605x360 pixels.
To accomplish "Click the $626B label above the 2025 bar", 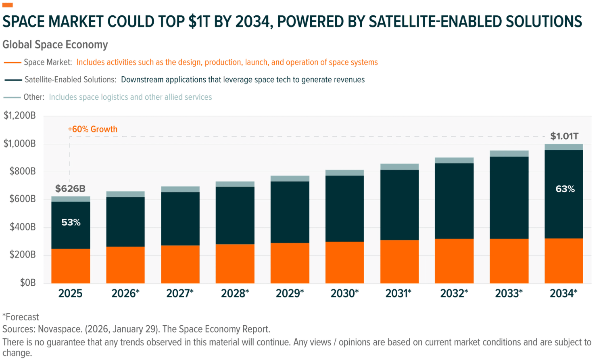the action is click(70, 188).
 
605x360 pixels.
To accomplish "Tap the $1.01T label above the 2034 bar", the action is click(564, 136).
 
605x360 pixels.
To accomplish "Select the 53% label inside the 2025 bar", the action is click(71, 222).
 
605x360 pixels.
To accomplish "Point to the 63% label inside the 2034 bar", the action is click(565, 188).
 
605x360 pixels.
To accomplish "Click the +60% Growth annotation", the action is click(93, 129).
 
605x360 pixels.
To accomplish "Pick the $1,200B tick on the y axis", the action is click(19, 115).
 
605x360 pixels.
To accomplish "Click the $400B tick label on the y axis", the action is click(23, 227).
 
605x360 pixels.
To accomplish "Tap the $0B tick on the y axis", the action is click(28, 283).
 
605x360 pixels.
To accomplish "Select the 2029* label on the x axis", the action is click(290, 293).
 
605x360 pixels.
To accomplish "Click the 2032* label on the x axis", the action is click(454, 293).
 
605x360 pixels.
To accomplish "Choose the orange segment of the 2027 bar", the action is click(180, 264).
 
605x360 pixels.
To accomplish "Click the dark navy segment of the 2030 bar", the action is click(344, 209).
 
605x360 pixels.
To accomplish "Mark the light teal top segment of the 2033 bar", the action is click(509, 153).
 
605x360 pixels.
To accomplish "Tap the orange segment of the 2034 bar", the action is click(564, 261).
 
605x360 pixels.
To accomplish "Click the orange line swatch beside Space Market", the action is click(13, 63).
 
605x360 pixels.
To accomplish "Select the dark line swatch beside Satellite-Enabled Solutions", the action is click(13, 80).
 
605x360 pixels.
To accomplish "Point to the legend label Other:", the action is click(34, 97).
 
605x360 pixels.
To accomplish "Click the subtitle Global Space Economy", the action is click(55, 44).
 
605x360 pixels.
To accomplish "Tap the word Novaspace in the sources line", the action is click(60, 329).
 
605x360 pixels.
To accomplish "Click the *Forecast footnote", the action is click(21, 317).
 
